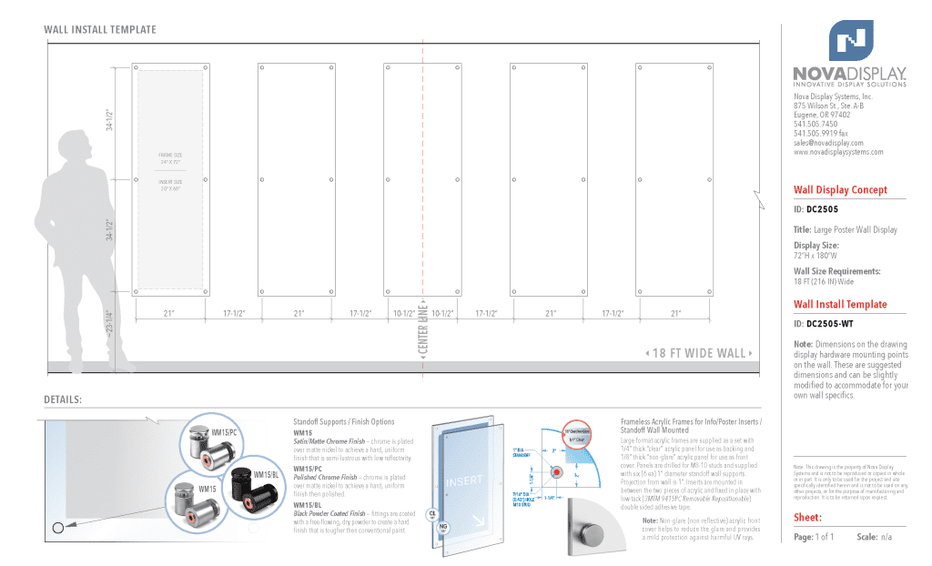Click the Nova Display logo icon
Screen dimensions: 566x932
pos(850,40)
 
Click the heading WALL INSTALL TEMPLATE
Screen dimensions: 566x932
pos(100,30)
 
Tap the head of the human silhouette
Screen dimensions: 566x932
pos(74,147)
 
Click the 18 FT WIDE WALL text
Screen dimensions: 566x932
pos(700,353)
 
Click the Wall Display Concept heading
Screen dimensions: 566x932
pos(839,190)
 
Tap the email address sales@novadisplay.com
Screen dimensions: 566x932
pos(828,143)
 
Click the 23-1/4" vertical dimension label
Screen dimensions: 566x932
pos(110,324)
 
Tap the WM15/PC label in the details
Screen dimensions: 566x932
pos(224,431)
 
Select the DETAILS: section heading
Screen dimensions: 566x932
pos(63,399)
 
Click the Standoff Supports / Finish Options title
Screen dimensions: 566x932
pos(343,422)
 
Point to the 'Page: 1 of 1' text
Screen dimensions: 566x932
pos(814,537)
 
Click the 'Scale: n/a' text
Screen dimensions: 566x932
pos(873,537)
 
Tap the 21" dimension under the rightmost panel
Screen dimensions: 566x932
pos(675,313)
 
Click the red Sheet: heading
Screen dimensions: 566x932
pos(807,518)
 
